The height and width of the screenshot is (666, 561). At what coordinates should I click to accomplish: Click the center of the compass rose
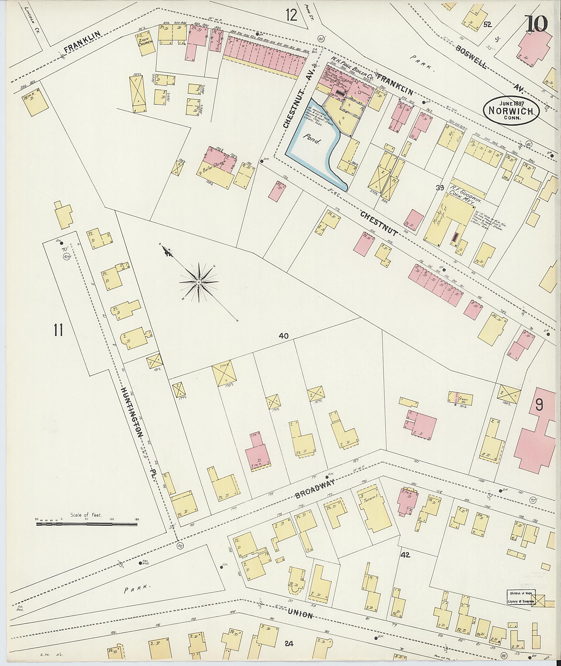199,282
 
